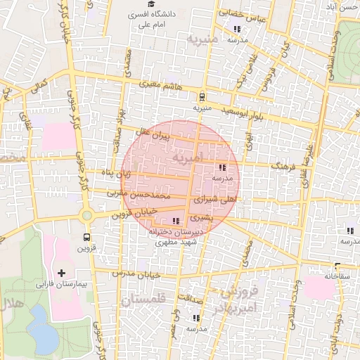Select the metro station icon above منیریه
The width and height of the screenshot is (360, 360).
coord(202,97)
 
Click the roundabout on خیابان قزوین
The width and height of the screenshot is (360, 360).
coord(87,217)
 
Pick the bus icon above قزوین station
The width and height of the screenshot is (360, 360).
coord(86,237)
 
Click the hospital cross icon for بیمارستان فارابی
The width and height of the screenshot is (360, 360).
coord(61,272)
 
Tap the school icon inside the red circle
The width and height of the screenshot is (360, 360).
coord(223,167)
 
